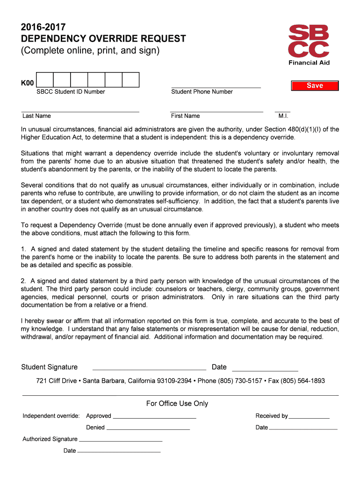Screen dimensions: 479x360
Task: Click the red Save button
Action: [x=315, y=86]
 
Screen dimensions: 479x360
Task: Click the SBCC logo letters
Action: [x=309, y=41]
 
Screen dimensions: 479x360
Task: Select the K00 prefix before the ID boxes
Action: [x=28, y=83]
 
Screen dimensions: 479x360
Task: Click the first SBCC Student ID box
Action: [x=45, y=80]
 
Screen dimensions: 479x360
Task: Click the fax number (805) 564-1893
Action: [x=304, y=381]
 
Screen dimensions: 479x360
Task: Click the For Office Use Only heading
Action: [x=177, y=404]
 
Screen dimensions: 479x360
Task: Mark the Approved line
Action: [x=154, y=417]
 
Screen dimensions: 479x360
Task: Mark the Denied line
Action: [x=148, y=428]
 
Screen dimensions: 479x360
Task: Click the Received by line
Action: [x=309, y=417]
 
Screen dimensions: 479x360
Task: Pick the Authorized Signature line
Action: [x=121, y=440]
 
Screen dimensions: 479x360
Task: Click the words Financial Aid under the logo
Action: [x=309, y=63]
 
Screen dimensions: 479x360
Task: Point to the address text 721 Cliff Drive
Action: [x=56, y=381]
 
